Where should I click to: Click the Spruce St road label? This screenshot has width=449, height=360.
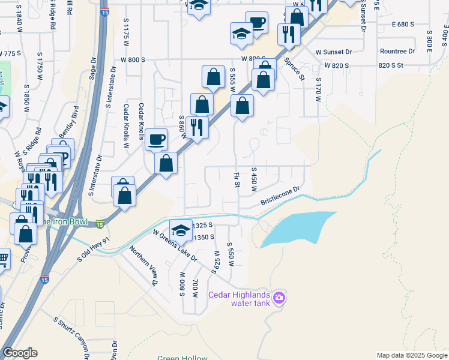coord(295,68)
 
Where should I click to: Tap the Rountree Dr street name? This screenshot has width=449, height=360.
coord(397,52)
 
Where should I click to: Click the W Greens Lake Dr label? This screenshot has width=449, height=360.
coord(175,245)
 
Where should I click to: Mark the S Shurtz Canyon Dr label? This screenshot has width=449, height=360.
coord(73,338)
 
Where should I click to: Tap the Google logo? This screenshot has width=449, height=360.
coord(20,353)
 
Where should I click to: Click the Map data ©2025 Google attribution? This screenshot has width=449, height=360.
coord(412,355)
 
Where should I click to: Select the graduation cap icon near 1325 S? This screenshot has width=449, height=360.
coord(181,229)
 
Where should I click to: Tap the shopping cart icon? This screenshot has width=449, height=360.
coord(3,259)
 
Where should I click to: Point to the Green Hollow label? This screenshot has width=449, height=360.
coord(182,358)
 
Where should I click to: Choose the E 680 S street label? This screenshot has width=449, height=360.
coord(403,25)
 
